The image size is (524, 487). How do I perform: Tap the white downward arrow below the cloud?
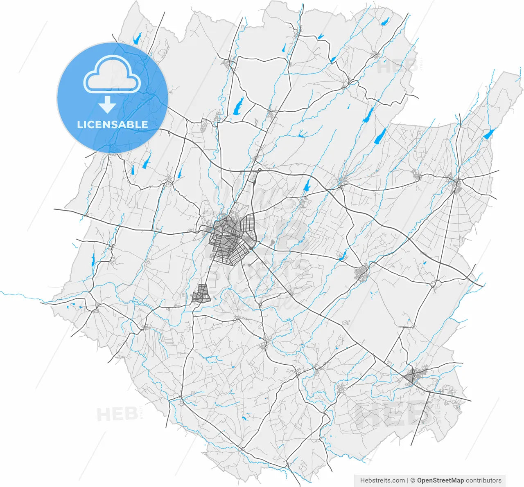(x=107, y=105)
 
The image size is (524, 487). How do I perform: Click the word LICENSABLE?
(x=113, y=125)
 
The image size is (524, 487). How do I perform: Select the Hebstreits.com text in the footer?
(x=382, y=480)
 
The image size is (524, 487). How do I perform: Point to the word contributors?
(x=484, y=480)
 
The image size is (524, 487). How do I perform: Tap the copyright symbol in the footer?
(x=413, y=480)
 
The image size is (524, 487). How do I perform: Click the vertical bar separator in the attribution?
(x=408, y=480)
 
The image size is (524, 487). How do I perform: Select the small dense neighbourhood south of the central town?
(x=201, y=294)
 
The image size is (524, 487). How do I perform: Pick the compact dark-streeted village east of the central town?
(x=363, y=273)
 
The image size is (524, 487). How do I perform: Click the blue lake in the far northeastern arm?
(x=488, y=134)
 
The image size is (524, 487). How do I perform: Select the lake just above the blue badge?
(x=137, y=39)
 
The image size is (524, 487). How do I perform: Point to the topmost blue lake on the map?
(x=384, y=22)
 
